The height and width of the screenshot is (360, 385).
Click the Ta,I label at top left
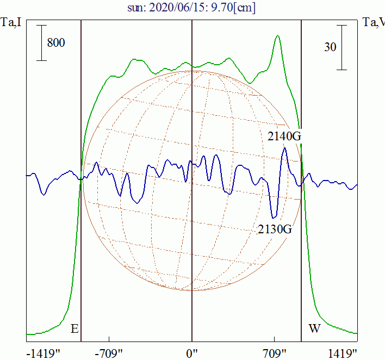coord(11,22)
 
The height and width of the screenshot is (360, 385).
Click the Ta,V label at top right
coord(374,22)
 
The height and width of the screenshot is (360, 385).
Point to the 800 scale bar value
coord(56,43)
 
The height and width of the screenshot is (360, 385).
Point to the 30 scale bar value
coord(330,47)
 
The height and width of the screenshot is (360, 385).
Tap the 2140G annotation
coord(284,136)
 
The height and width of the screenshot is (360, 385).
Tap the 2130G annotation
coord(275,229)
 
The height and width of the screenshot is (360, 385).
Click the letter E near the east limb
coord(74,329)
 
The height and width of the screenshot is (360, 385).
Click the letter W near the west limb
coord(314,329)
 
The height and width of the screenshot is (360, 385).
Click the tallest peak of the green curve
coord(278,36)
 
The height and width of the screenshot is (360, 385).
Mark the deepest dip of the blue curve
coord(275,217)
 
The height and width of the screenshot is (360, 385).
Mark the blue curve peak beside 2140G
coord(284,148)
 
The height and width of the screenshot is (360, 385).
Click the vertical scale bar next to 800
coord(41,43)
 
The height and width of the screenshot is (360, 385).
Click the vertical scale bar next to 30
coord(341,47)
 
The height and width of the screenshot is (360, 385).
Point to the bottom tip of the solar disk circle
coord(192,290)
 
